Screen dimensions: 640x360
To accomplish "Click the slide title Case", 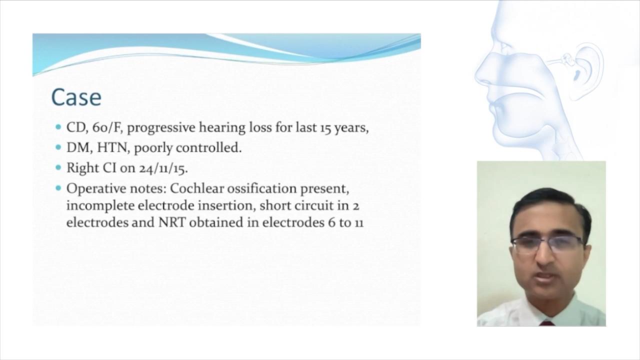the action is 76,97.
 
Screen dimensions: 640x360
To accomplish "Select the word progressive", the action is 161,128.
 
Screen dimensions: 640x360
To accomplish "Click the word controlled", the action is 208,147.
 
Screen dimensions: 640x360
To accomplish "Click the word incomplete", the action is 100,206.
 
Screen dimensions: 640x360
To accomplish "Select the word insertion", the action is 226,205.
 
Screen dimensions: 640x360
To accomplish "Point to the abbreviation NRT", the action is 172,222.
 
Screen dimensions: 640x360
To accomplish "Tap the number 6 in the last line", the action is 331,223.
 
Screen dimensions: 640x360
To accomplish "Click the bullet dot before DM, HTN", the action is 58,147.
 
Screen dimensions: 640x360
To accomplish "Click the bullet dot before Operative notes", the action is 58,188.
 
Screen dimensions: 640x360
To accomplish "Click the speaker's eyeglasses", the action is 547,245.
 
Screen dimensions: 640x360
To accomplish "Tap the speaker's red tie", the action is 547,323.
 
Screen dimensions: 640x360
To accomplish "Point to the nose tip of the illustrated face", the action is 477,75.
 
